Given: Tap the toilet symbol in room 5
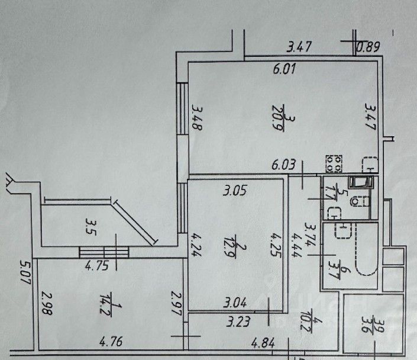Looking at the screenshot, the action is tap(357, 202).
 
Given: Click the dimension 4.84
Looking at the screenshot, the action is tap(264, 342).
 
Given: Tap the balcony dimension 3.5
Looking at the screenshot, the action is tap(90, 226).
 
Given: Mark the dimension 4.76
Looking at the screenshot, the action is tap(112, 341).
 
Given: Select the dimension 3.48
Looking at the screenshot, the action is tap(198, 118).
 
